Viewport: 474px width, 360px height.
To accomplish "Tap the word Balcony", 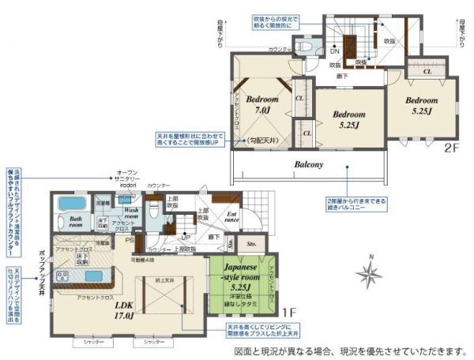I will (x=313, y=165).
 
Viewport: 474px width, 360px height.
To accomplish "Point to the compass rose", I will (x=368, y=274).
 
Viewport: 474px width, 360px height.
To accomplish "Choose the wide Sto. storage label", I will (x=252, y=245).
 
